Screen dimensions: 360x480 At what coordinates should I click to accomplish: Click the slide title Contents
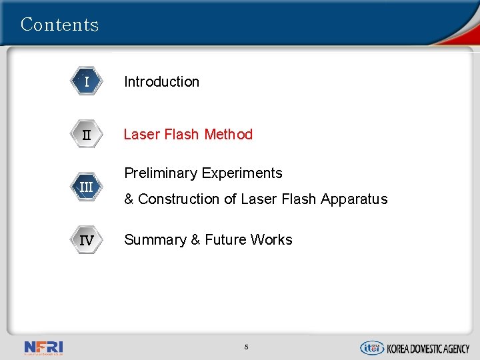coord(59,25)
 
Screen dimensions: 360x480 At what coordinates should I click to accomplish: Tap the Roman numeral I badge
coord(87,82)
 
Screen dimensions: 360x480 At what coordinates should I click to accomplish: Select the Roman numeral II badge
coord(87,135)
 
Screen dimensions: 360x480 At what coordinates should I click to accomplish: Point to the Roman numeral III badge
coord(87,187)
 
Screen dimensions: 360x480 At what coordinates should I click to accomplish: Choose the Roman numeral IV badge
coord(87,240)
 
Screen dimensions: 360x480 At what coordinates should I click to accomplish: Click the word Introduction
coord(161,82)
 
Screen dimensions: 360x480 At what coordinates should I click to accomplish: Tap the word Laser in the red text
coord(140,135)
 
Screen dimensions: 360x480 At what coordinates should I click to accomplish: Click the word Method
coord(229,135)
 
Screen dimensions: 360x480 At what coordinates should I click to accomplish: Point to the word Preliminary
coord(160,173)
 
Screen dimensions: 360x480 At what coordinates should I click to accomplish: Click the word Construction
coord(177,199)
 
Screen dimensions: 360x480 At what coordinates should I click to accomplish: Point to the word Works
coord(272,240)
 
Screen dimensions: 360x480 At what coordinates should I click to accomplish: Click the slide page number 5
coord(246,347)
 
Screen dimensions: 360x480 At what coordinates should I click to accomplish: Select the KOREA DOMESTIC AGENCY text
coord(429,348)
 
